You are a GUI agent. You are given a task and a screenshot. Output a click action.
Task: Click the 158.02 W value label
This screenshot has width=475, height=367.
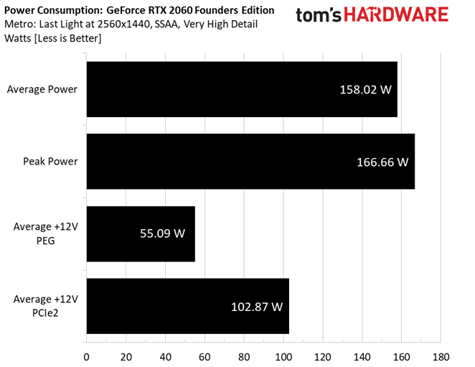pyautogui.click(x=366, y=90)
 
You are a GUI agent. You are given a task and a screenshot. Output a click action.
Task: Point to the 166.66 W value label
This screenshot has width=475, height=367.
pyautogui.click(x=382, y=162)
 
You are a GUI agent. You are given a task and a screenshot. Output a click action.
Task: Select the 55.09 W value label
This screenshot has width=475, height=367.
pyautogui.click(x=163, y=234)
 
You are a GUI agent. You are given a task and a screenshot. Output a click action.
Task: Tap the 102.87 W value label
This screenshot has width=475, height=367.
pyautogui.click(x=257, y=307)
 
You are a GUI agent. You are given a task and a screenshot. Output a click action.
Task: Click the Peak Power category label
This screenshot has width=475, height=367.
pyautogui.click(x=50, y=162)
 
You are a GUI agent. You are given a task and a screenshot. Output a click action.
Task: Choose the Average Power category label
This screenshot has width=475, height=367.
pyautogui.click(x=42, y=90)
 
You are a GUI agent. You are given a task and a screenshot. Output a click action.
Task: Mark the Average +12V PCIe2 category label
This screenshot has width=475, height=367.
pyautogui.click(x=45, y=306)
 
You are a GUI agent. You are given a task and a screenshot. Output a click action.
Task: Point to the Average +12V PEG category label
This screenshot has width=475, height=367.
pyautogui.click(x=45, y=233)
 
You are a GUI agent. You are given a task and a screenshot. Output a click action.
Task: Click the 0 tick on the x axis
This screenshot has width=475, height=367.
pyautogui.click(x=87, y=356)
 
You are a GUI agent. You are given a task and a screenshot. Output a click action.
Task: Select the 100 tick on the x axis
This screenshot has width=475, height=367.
pyautogui.click(x=283, y=356)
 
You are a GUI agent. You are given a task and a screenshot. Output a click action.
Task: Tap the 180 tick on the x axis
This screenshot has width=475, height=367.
pyautogui.click(x=441, y=356)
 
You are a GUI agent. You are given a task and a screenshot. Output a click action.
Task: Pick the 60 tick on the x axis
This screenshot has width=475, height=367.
pyautogui.click(x=204, y=356)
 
